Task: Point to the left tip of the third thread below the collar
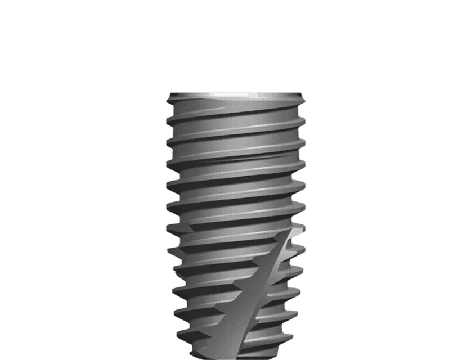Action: (167, 164)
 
